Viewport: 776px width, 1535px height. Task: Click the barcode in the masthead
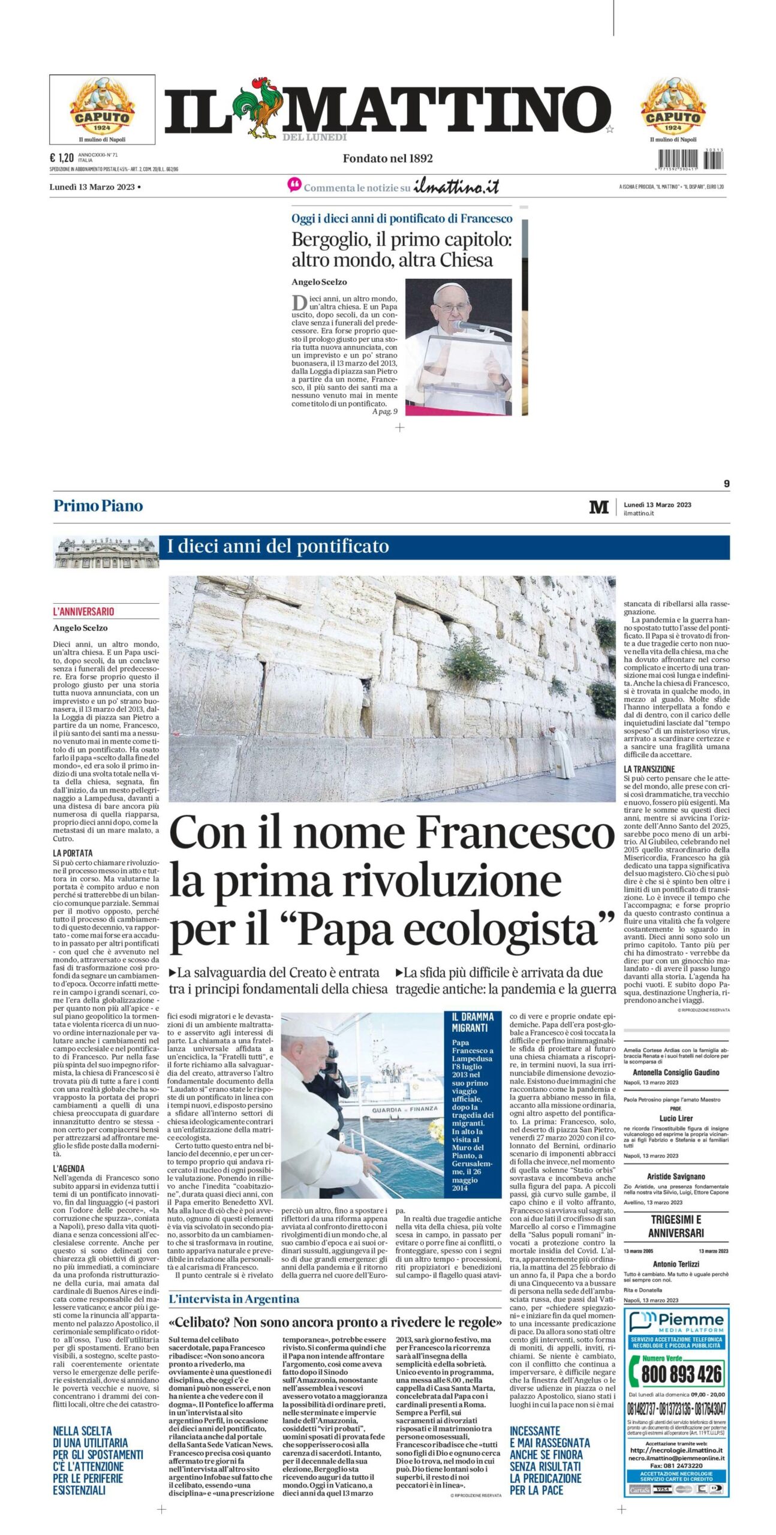click(690, 159)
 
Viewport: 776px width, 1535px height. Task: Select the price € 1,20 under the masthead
click(61, 158)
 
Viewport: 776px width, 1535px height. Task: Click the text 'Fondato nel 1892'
click(387, 158)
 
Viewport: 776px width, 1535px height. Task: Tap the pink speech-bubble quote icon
click(294, 185)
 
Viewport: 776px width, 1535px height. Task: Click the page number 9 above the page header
click(726, 483)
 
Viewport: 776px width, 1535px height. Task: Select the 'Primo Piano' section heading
click(98, 505)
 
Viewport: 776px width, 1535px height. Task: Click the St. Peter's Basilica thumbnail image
click(106, 552)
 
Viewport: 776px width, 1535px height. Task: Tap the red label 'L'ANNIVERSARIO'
click(83, 612)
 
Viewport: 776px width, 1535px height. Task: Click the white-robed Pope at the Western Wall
click(562, 753)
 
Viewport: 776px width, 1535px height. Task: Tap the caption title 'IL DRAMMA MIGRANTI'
click(473, 1022)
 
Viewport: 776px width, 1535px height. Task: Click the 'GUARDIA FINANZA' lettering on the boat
click(405, 1109)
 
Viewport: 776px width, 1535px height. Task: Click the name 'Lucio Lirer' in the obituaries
click(676, 1118)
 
